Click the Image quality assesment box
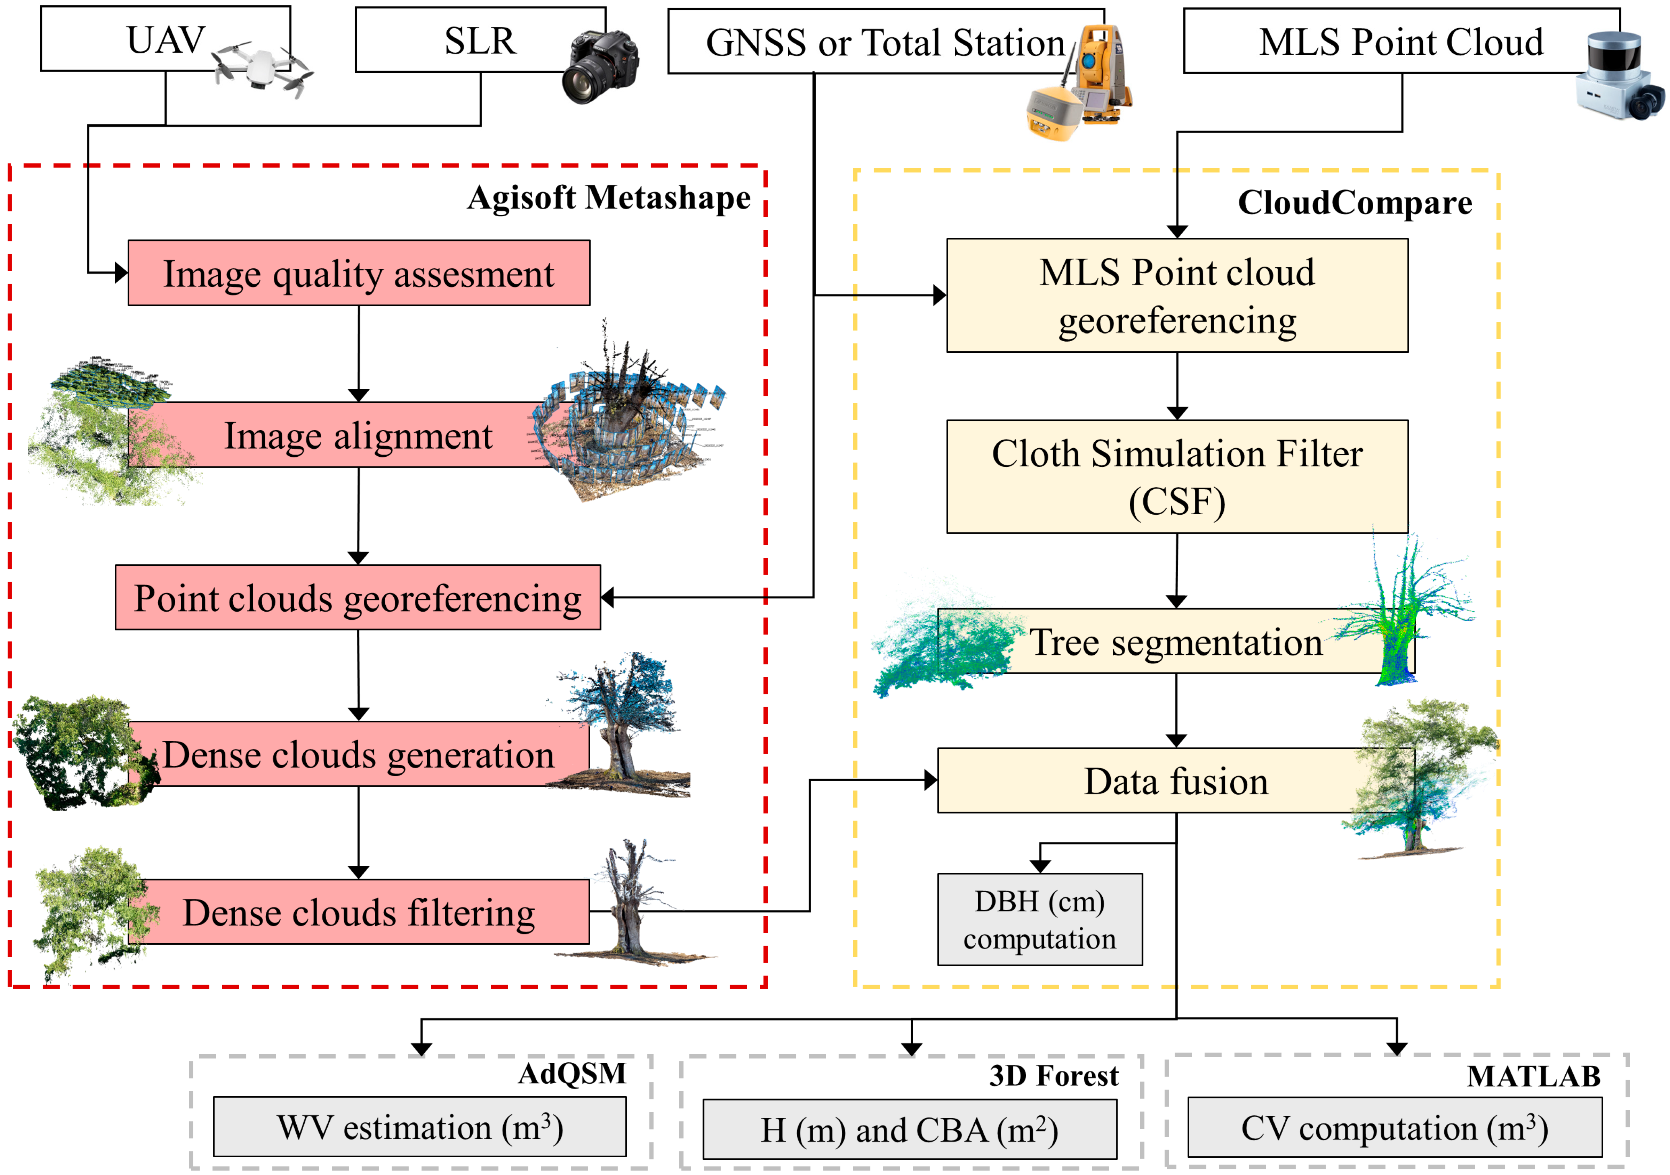pyautogui.click(x=359, y=273)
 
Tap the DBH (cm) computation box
pyautogui.click(x=1040, y=920)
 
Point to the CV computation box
pyautogui.click(x=1394, y=1128)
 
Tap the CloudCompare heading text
pyautogui.click(x=1354, y=203)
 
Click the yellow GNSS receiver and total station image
pyautogui.click(x=1079, y=84)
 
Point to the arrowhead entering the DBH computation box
pyautogui.click(x=1040, y=866)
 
